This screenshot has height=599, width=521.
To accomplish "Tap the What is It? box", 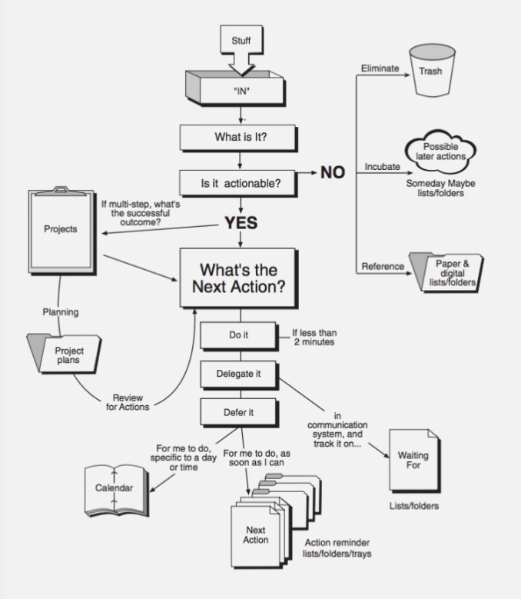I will tap(241, 139).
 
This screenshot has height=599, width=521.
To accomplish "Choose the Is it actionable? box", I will tap(241, 182).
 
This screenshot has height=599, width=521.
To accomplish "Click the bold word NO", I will tap(333, 173).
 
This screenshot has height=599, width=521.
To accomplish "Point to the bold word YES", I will tap(241, 224).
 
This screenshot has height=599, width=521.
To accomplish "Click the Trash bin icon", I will tap(430, 69).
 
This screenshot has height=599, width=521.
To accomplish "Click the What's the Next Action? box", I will tap(238, 279).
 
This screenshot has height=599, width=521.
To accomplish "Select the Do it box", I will tap(239, 335).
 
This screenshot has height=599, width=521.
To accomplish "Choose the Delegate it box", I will tap(239, 374).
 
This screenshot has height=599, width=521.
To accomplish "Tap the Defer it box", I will tap(239, 412).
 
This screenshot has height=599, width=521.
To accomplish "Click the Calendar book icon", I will tap(114, 489).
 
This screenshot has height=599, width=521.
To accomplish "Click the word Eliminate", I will tap(380, 68).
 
